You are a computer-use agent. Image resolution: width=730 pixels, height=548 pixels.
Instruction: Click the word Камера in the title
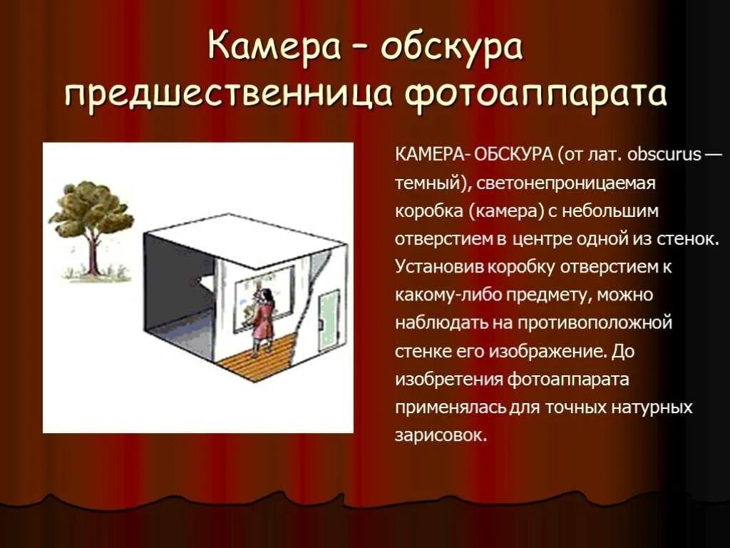[267, 49]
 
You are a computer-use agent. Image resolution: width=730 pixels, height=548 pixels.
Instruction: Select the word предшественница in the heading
[227, 96]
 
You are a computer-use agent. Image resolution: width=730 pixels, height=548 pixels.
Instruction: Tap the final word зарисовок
[440, 435]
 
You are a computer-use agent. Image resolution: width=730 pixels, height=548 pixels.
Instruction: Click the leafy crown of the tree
[91, 208]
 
